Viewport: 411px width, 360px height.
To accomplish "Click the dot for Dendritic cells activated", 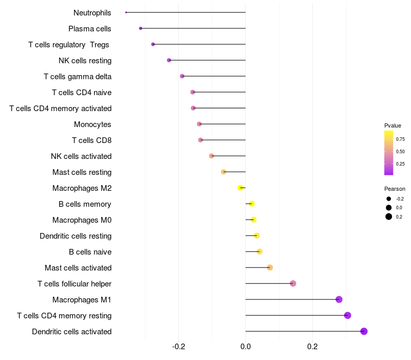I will [364, 331].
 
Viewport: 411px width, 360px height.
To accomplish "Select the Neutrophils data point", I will [126, 12].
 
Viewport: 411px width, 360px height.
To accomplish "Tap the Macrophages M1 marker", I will [339, 299].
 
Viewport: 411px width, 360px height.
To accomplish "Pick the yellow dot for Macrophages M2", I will [240, 188].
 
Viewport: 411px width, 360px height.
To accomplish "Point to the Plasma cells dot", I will [140, 28].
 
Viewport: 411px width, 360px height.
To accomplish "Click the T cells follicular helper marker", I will [293, 283].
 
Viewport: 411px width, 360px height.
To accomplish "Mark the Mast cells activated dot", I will [270, 267].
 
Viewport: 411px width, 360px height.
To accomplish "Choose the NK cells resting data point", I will [169, 60].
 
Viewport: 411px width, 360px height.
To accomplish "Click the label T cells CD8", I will [91, 140].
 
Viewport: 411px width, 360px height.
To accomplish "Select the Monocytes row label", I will [92, 124].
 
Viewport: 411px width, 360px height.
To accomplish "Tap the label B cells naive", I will [90, 252].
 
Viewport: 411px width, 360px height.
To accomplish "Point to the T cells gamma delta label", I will [78, 77].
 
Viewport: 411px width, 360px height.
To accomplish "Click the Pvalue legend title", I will [393, 125].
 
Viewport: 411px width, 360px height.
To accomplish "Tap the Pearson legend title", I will [395, 189].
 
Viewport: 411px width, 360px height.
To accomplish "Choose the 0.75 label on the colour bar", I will [400, 139].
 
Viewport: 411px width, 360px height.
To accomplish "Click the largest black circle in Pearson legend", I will [389, 217].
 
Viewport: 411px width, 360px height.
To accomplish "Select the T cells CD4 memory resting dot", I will [347, 315].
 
